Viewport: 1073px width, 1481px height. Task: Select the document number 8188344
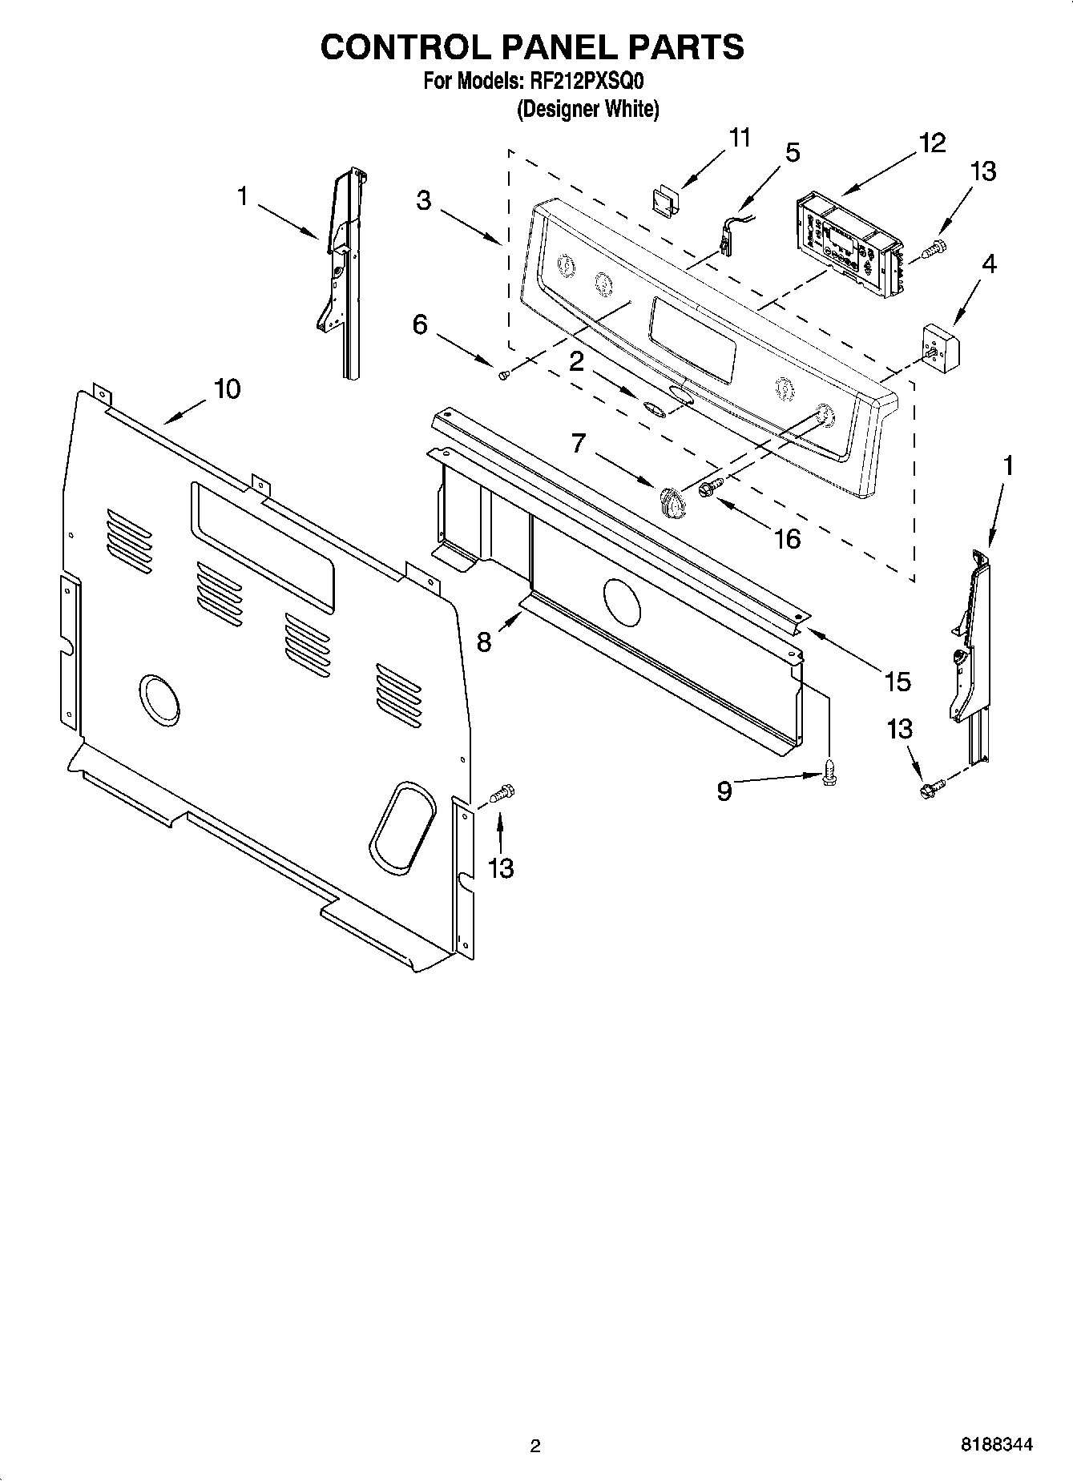coord(996,1446)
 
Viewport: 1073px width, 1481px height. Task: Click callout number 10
coord(227,389)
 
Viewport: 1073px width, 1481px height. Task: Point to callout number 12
coord(932,143)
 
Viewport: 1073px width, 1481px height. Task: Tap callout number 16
coord(788,539)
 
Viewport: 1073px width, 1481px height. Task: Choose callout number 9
coord(724,791)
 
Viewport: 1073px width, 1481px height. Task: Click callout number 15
coord(898,682)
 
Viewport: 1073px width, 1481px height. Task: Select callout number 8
coord(484,642)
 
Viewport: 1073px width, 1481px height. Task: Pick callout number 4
coord(989,264)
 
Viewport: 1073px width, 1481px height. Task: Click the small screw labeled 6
coord(503,374)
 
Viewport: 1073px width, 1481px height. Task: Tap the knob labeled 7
coord(672,503)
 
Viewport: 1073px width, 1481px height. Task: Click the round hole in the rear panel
coord(159,700)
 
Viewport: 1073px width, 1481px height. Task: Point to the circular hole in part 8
coord(621,602)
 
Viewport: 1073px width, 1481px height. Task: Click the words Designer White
coord(587,109)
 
